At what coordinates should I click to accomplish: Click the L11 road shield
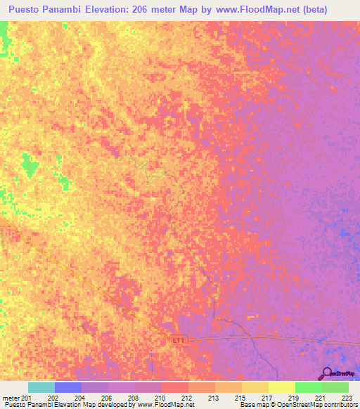click(181, 340)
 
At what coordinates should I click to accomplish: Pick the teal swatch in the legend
click(41, 387)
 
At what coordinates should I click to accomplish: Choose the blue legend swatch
click(67, 387)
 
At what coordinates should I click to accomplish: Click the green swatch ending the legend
click(335, 387)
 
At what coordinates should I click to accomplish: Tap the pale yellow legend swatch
click(281, 387)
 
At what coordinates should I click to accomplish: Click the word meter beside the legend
click(11, 397)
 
